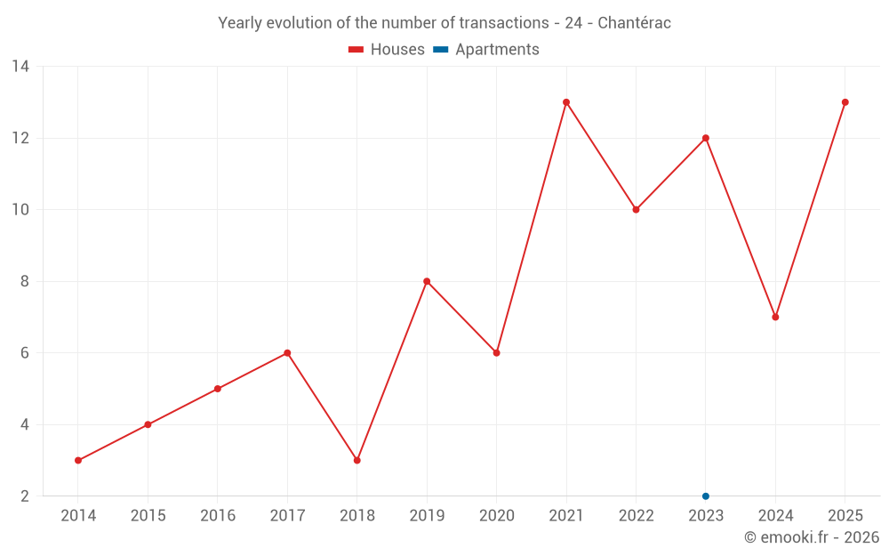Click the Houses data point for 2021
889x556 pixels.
[x=566, y=102]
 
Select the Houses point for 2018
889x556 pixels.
[x=357, y=460]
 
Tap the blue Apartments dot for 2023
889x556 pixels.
[x=706, y=496]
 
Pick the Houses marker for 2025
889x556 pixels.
[x=845, y=102]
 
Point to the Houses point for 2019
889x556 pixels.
[x=427, y=281]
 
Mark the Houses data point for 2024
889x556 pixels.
[x=775, y=317]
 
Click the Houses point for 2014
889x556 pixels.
[x=78, y=460]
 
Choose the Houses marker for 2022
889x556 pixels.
[x=636, y=210]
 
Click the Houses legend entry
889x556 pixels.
[x=387, y=50]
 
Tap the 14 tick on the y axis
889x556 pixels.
[x=20, y=67]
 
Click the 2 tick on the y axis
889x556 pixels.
[x=25, y=496]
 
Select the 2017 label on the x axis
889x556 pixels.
[x=287, y=516]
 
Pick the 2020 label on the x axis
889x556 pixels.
[x=497, y=516]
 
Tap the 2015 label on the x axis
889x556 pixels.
[x=148, y=516]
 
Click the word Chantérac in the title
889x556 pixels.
[x=634, y=23]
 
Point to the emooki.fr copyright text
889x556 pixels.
[x=811, y=537]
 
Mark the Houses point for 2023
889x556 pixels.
[x=706, y=138]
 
